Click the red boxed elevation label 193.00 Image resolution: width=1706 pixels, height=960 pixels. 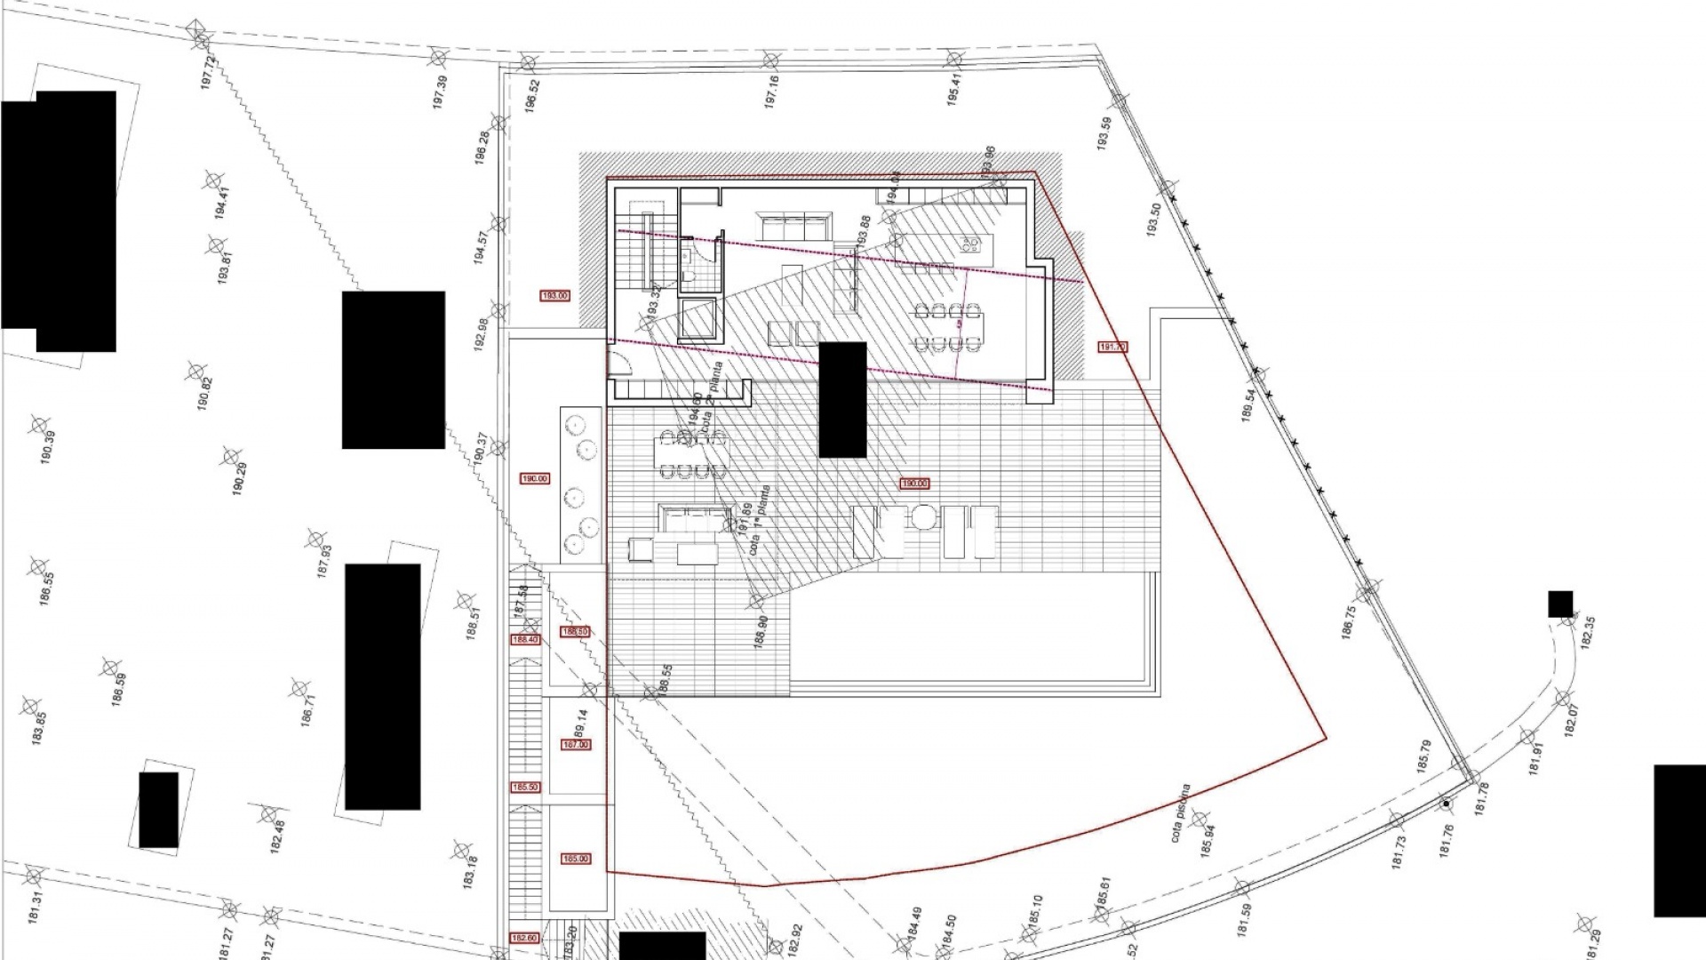[554, 295]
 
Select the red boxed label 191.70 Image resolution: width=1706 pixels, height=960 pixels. [1112, 348]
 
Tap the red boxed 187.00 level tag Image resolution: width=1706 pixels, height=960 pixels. [576, 745]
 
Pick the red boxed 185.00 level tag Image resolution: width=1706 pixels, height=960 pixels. [576, 859]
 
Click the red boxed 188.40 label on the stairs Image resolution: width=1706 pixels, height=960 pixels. [524, 639]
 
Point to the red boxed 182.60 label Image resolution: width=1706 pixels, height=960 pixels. [524, 938]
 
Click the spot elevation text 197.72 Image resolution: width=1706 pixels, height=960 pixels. [210, 68]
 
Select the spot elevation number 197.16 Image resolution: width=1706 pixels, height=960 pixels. [772, 92]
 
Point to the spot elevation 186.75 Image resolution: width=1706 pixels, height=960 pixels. [1350, 623]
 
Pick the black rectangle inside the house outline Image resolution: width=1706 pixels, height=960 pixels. [842, 400]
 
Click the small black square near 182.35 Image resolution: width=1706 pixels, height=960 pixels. [1560, 604]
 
